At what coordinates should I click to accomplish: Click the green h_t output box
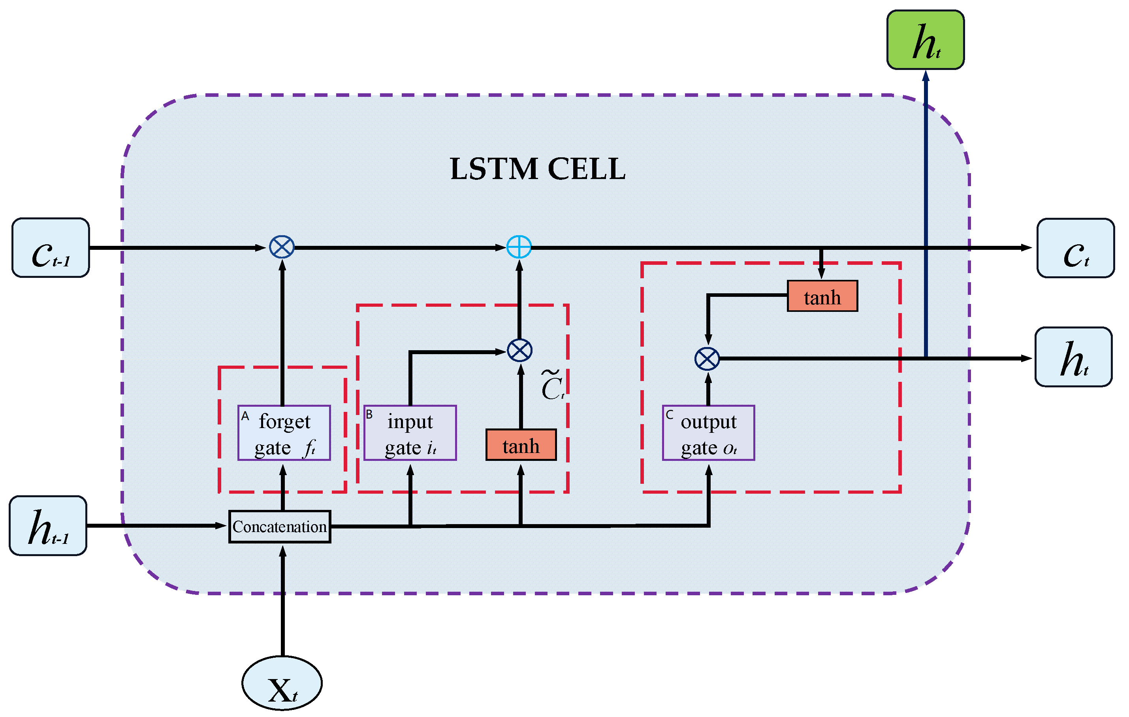925,40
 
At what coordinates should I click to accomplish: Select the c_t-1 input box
51,248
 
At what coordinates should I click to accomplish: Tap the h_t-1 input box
48,526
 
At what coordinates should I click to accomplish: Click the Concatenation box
279,526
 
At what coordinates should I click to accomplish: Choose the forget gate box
284,433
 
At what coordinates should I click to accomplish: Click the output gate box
708,433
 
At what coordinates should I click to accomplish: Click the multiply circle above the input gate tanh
519,351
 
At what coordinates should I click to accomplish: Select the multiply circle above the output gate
707,359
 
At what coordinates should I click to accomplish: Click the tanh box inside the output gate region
822,296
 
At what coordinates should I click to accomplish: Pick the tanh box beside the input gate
521,445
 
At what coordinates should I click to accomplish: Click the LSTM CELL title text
538,169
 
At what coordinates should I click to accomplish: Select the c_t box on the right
1076,248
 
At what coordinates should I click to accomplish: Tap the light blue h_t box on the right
1073,357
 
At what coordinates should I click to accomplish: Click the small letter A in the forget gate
245,416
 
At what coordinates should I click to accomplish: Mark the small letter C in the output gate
669,415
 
